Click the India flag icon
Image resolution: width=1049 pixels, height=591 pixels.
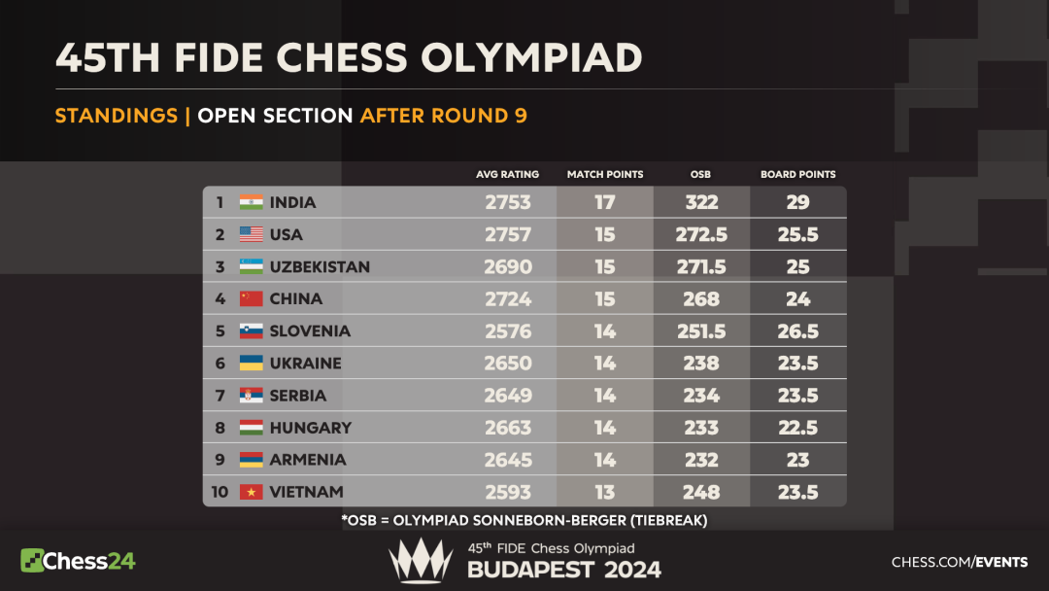click(x=252, y=202)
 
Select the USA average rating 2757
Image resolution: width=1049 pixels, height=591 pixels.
click(x=507, y=234)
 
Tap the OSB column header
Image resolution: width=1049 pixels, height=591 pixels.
click(x=700, y=175)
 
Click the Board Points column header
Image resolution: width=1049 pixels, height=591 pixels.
click(x=797, y=175)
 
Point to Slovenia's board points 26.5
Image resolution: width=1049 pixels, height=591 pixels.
click(x=797, y=330)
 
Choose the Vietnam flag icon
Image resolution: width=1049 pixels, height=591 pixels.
click(x=252, y=492)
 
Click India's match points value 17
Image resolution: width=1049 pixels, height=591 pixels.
click(x=605, y=202)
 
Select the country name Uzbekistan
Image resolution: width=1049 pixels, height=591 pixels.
click(x=320, y=266)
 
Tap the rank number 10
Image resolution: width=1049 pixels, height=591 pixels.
click(x=220, y=492)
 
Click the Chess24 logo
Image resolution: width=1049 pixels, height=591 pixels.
click(x=78, y=561)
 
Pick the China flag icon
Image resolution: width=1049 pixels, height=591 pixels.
click(x=252, y=298)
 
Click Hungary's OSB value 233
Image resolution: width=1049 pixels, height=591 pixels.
click(x=700, y=428)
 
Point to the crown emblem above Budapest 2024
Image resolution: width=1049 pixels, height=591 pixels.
click(x=421, y=561)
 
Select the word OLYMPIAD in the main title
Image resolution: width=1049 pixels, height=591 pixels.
click(x=531, y=57)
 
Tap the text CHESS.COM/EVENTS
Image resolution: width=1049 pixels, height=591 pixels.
click(x=959, y=562)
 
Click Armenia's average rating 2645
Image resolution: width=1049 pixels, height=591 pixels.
click(x=507, y=460)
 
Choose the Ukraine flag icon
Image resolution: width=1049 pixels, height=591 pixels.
click(x=252, y=363)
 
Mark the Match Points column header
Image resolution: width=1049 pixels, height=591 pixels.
click(x=605, y=175)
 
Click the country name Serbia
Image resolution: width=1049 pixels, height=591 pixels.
click(x=297, y=396)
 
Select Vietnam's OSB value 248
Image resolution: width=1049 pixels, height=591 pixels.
click(x=700, y=492)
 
